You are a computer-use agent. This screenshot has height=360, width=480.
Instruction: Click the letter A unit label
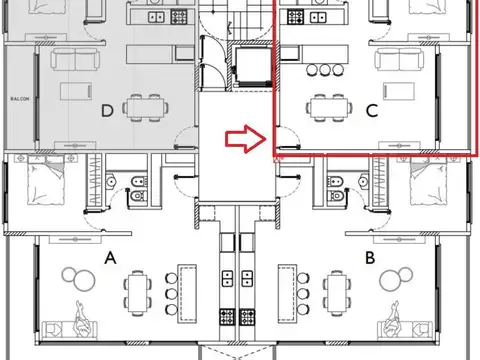pos(112,258)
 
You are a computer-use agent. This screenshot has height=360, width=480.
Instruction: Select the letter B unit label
pos(369,258)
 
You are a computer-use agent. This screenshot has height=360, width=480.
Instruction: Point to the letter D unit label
pos(106,111)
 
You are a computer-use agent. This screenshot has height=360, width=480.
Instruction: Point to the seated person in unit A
pos(81,320)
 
